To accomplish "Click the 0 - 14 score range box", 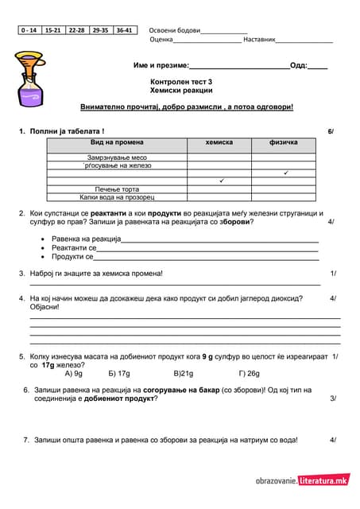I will pyautogui.click(x=29, y=30).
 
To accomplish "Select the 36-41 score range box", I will pyautogui.click(x=125, y=30).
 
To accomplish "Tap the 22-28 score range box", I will pyautogui.click(x=77, y=30).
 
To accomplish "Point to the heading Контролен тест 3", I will pyautogui.click(x=181, y=82).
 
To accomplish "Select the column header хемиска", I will pyautogui.click(x=219, y=142).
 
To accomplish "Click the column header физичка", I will pyautogui.click(x=284, y=142).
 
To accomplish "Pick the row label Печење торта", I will pyautogui.click(x=117, y=188).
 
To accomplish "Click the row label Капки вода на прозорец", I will pyautogui.click(x=117, y=196).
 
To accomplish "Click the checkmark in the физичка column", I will pyautogui.click(x=285, y=173).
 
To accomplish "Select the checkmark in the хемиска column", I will pyautogui.click(x=220, y=181).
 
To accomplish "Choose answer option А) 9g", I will pyautogui.click(x=73, y=372).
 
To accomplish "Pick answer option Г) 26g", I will pyautogui.click(x=249, y=372).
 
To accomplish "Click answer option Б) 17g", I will pyautogui.click(x=119, y=372).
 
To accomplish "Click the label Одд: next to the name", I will pyautogui.click(x=299, y=65).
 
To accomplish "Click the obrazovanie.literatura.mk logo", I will pyautogui.click(x=302, y=480).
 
